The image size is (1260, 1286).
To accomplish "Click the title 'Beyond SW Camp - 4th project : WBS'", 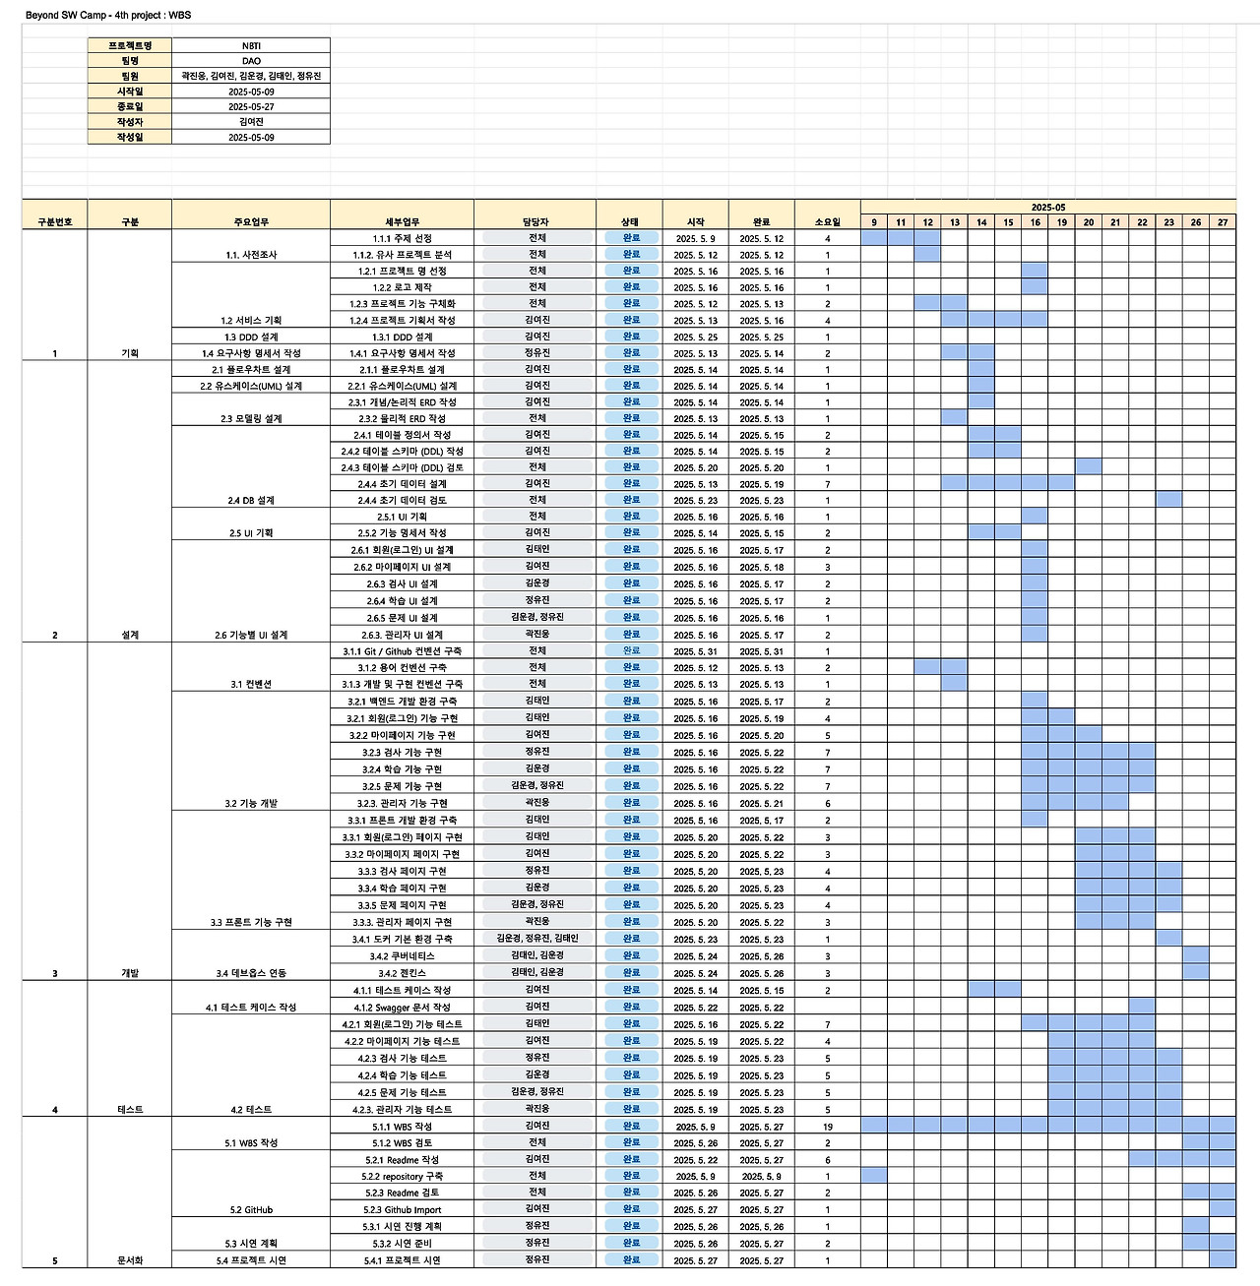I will pyautogui.click(x=108, y=16).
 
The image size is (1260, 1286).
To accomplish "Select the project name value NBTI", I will pyautogui.click(x=251, y=45).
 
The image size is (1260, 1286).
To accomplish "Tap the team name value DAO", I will pyautogui.click(x=251, y=61).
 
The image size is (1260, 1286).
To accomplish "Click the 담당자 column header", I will pyautogui.click(x=535, y=222).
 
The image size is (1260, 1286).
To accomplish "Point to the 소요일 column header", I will pyautogui.click(x=827, y=222).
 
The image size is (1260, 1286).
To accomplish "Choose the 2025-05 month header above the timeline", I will pyautogui.click(x=1047, y=208).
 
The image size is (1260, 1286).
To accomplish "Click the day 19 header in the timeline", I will pyautogui.click(x=1061, y=222).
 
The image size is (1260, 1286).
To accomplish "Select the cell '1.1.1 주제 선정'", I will pyautogui.click(x=402, y=238).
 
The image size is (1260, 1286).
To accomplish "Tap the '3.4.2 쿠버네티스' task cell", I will pyautogui.click(x=402, y=956).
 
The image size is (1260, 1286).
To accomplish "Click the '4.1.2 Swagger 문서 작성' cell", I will pyautogui.click(x=402, y=1008).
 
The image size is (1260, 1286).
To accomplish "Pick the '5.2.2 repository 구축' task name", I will pyautogui.click(x=402, y=1177).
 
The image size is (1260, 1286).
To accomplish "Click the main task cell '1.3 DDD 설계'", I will pyautogui.click(x=251, y=337).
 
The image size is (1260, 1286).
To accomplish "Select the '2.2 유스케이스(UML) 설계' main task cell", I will pyautogui.click(x=251, y=386).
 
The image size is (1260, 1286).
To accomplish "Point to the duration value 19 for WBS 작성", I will pyautogui.click(x=827, y=1127).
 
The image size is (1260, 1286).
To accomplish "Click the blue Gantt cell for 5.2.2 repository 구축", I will pyautogui.click(x=874, y=1176).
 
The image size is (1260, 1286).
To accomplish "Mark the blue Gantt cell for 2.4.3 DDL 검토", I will pyautogui.click(x=1089, y=467).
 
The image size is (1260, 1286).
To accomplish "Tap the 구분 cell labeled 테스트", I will pyautogui.click(x=130, y=1110).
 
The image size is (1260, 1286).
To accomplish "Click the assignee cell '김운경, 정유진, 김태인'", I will pyautogui.click(x=536, y=939).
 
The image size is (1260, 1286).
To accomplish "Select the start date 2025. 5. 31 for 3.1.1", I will pyautogui.click(x=695, y=651).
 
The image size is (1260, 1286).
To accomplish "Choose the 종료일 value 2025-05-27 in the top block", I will pyautogui.click(x=251, y=106).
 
